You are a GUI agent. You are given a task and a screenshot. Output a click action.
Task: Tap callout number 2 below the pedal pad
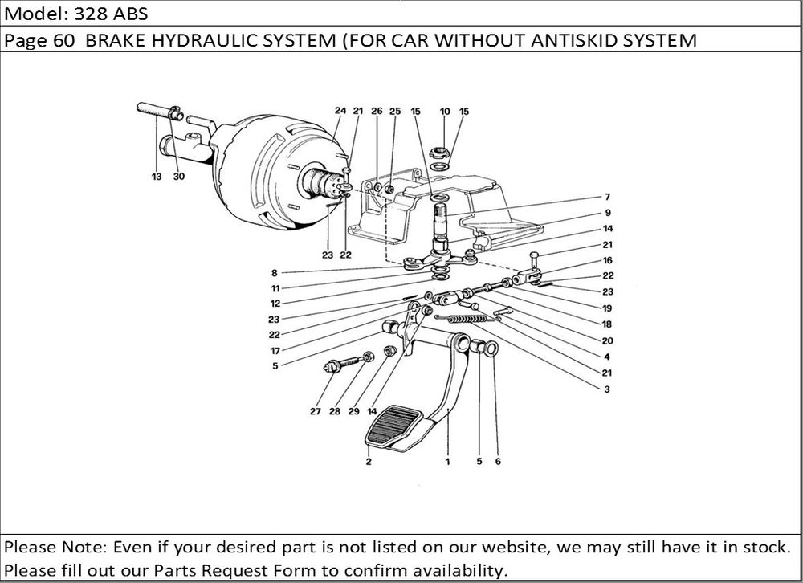click(369, 462)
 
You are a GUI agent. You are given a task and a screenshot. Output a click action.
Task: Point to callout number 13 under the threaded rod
click(156, 177)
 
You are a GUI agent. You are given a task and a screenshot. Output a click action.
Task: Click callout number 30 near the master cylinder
click(177, 177)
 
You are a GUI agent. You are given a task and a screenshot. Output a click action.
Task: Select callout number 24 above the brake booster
click(340, 111)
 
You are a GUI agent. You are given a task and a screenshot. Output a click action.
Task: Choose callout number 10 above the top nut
click(445, 111)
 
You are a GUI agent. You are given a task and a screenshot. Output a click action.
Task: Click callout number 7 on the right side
click(608, 197)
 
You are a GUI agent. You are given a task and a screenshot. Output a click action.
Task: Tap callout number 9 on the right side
click(608, 213)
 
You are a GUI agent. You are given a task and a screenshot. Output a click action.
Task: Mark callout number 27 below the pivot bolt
click(315, 412)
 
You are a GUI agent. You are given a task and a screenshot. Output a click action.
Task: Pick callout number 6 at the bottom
click(498, 462)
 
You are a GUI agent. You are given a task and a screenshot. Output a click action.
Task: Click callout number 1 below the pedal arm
click(447, 462)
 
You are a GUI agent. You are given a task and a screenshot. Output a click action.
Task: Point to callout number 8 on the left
click(275, 272)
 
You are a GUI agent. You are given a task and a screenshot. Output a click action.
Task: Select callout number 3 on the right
click(608, 389)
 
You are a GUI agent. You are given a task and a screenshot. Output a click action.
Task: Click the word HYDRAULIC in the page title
click(243, 40)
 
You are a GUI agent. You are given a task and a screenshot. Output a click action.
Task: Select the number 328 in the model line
click(86, 14)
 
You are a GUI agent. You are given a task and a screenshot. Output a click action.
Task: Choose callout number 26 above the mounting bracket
click(376, 111)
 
